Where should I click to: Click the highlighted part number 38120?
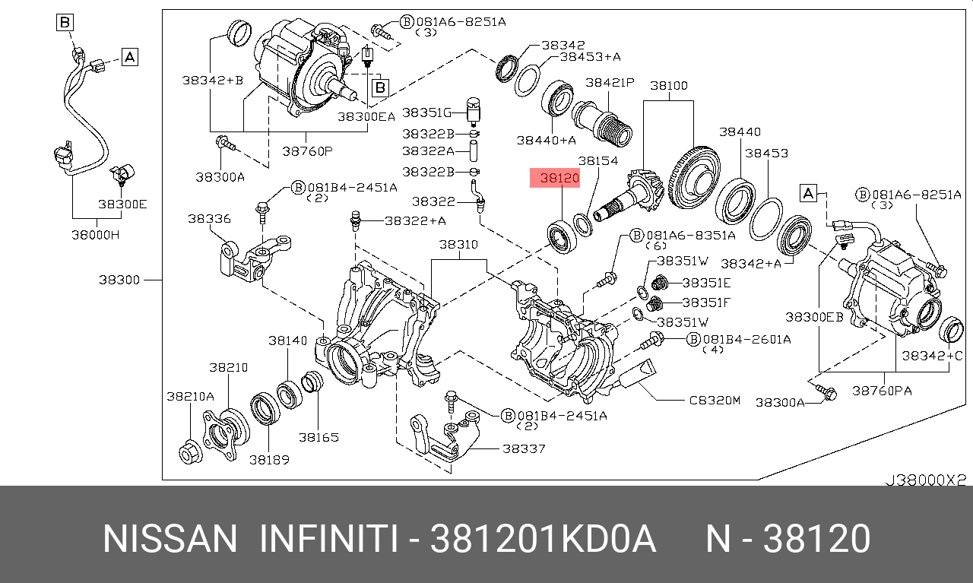click(x=559, y=178)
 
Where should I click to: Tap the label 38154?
click(x=597, y=161)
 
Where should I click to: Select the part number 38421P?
click(x=610, y=83)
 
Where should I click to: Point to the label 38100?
click(x=669, y=86)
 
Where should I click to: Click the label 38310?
click(x=458, y=245)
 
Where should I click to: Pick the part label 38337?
click(x=524, y=448)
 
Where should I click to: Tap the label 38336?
click(x=209, y=218)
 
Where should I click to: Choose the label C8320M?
click(x=715, y=400)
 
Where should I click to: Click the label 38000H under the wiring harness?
click(x=95, y=235)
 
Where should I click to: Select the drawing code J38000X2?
click(x=926, y=480)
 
